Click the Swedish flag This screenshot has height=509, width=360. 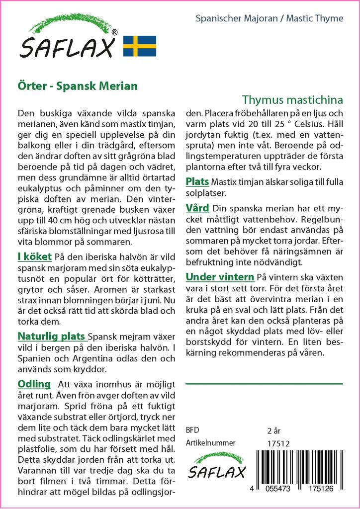[139, 46]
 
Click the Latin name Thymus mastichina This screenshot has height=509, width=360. [293, 99]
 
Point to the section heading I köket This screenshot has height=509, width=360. [34, 256]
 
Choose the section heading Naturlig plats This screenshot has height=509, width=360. [51, 337]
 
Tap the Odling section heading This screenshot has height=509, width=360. [34, 384]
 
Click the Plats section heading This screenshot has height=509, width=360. [197, 181]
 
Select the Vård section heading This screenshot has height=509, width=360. [197, 208]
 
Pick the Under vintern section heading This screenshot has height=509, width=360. [220, 276]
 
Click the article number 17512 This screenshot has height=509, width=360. [278, 443]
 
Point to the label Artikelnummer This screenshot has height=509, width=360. [210, 443]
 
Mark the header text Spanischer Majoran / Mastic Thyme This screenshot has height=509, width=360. [269, 18]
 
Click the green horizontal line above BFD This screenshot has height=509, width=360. [264, 384]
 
